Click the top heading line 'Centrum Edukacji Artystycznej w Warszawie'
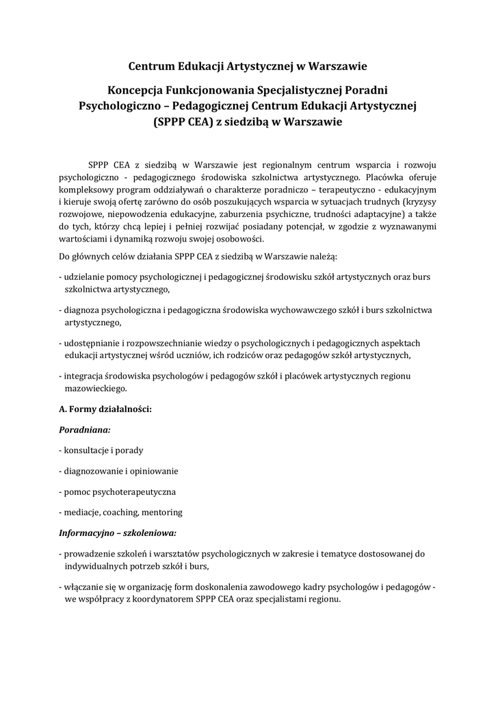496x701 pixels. (x=248, y=66)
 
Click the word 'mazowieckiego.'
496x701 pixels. (x=96, y=387)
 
